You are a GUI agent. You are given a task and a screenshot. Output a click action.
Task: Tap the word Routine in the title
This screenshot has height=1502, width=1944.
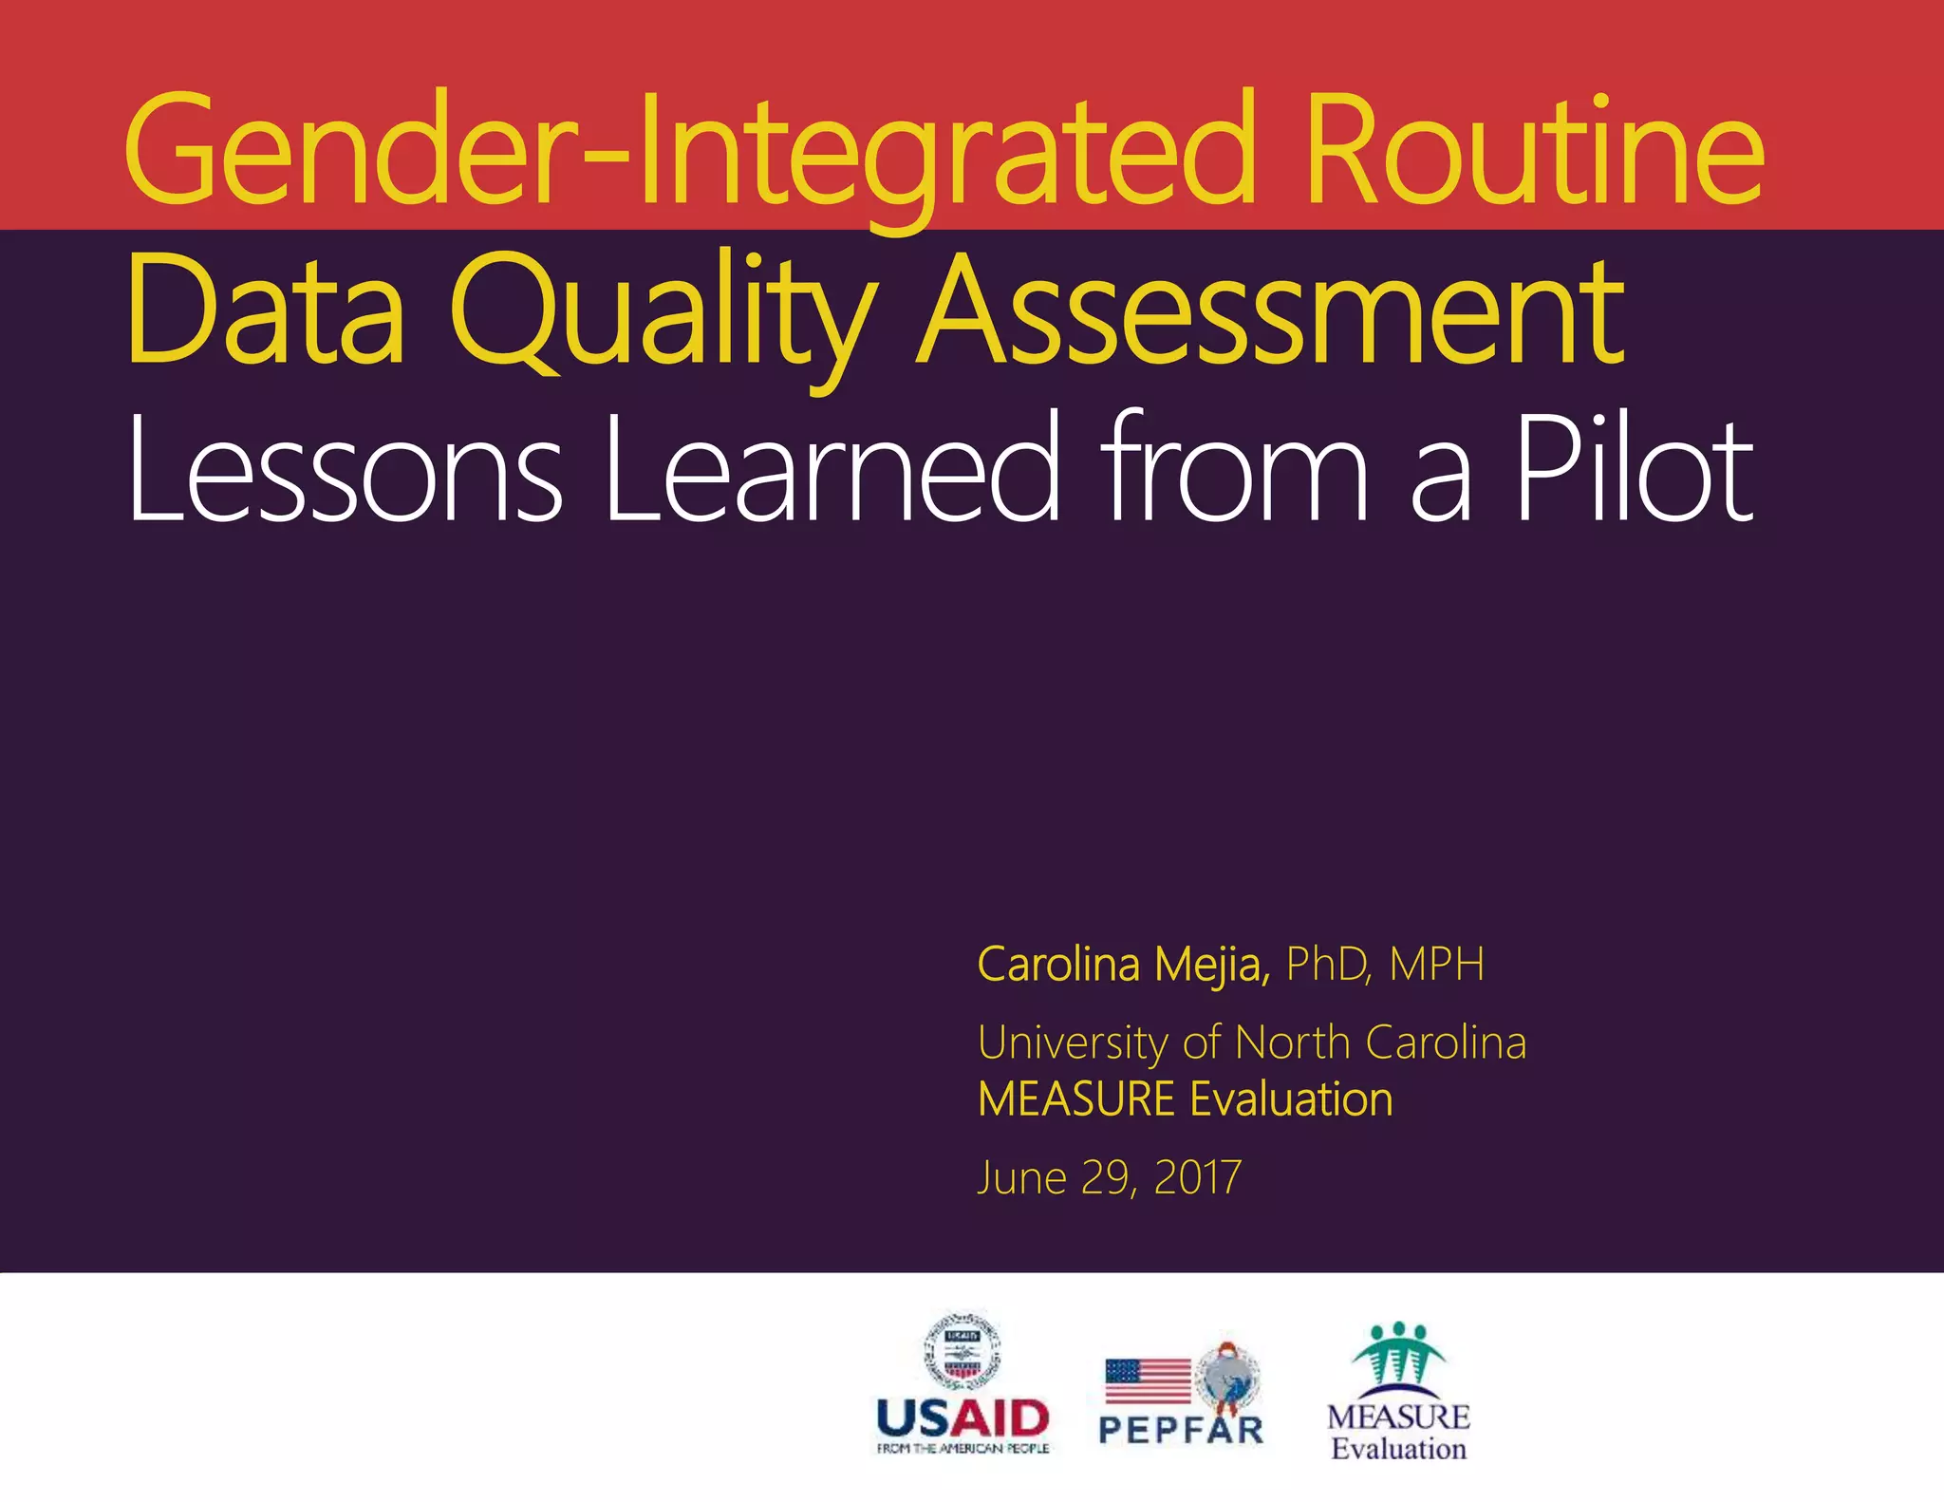1534,152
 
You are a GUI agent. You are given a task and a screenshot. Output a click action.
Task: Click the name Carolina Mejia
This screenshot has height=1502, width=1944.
1123,965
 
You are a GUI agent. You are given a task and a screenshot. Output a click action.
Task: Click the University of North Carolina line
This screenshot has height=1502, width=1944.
1252,1042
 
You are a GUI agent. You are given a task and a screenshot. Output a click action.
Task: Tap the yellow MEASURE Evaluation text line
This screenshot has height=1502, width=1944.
1185,1099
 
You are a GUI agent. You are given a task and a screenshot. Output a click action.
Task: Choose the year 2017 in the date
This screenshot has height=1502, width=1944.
1197,1178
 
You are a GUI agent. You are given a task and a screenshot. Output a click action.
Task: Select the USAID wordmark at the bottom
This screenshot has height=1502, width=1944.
963,1418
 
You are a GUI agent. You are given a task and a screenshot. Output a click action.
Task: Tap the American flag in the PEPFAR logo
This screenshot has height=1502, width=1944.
1148,1380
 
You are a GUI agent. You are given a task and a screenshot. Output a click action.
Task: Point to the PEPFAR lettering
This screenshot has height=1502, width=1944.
1181,1430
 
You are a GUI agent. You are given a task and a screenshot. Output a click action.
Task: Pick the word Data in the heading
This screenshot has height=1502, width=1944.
267,313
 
